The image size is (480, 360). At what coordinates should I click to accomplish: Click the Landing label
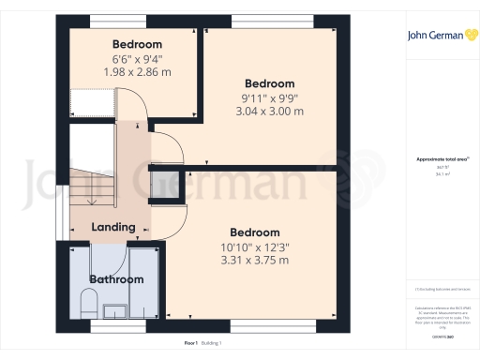pyautogui.click(x=113, y=227)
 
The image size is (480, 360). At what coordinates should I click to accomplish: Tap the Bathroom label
pyautogui.click(x=116, y=279)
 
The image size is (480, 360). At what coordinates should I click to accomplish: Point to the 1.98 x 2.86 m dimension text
pyautogui.click(x=137, y=72)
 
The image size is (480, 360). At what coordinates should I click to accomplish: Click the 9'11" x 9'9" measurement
pyautogui.click(x=269, y=97)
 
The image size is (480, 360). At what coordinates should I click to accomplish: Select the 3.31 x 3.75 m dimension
pyautogui.click(x=254, y=260)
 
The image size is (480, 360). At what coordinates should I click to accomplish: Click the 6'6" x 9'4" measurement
pyautogui.click(x=137, y=58)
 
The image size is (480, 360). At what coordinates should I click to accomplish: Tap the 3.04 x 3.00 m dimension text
pyautogui.click(x=269, y=111)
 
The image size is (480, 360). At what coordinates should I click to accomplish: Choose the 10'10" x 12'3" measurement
pyautogui.click(x=254, y=247)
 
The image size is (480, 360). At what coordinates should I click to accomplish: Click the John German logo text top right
pyautogui.click(x=435, y=37)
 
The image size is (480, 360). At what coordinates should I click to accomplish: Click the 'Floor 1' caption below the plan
pyautogui.click(x=190, y=344)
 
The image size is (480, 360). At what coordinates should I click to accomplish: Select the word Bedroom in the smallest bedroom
pyautogui.click(x=137, y=44)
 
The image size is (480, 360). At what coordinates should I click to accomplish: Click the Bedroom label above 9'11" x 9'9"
pyautogui.click(x=269, y=83)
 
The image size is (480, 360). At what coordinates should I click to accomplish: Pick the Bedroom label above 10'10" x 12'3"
pyautogui.click(x=254, y=232)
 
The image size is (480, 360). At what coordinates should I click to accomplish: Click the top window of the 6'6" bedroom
pyautogui.click(x=117, y=20)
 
